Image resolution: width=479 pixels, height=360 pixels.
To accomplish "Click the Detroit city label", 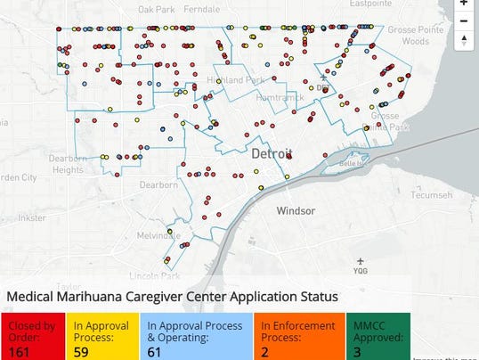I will (270, 154).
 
